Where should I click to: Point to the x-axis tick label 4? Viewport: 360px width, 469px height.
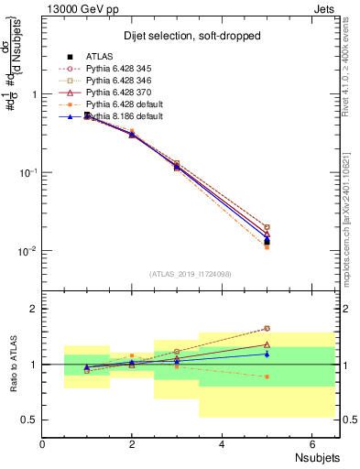click(x=222, y=445)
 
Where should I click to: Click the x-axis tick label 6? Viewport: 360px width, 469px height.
click(x=311, y=445)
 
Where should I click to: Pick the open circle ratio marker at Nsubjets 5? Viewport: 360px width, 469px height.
click(x=267, y=328)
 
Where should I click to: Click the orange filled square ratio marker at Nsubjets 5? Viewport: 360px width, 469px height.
click(x=267, y=376)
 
